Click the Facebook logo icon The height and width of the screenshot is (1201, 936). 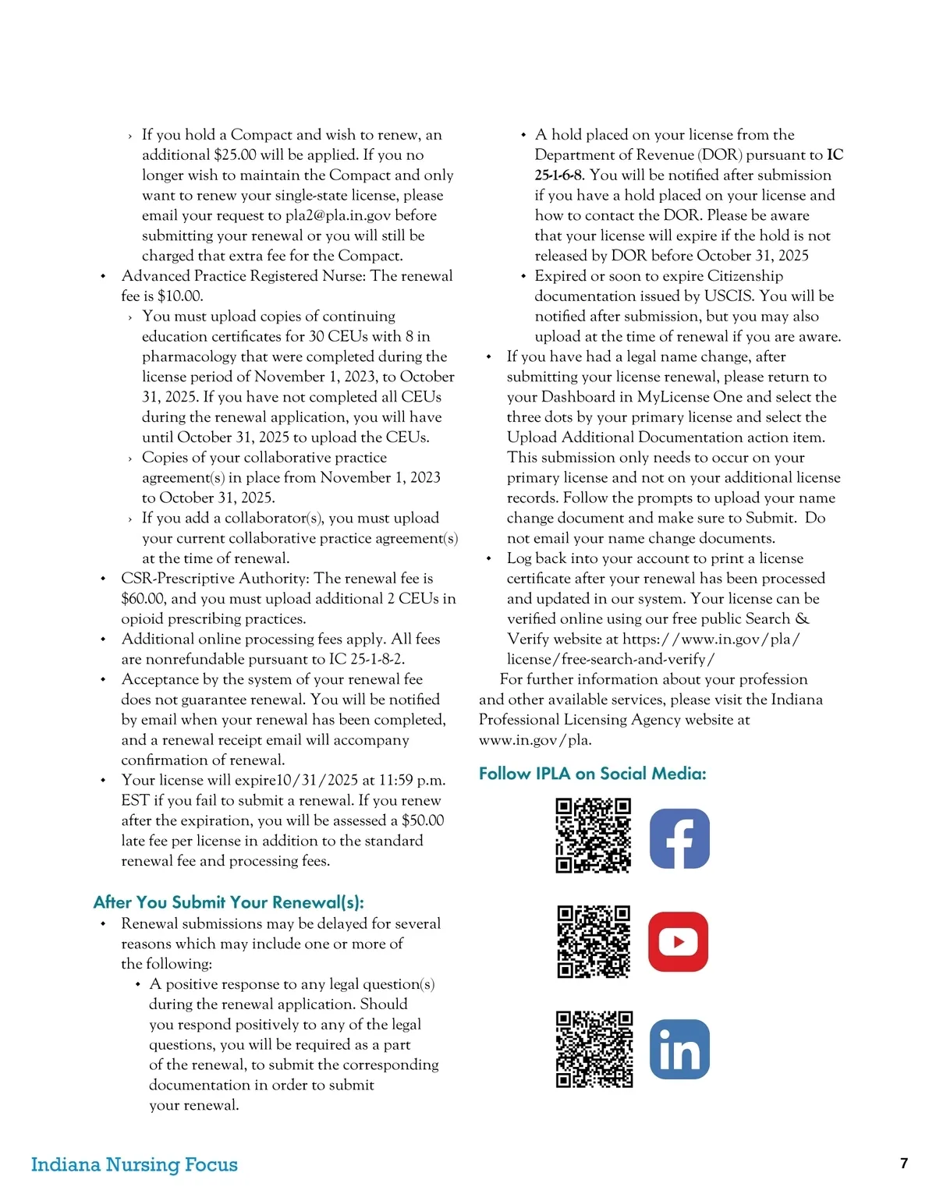coord(679,838)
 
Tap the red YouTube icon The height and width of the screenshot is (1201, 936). coord(678,941)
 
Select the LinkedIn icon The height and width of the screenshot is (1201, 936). coord(679,1049)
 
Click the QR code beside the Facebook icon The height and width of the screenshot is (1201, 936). coord(593,835)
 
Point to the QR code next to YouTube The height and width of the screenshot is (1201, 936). coord(594,941)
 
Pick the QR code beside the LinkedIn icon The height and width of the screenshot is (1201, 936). coord(594,1049)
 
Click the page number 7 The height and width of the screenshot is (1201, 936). coord(904,1164)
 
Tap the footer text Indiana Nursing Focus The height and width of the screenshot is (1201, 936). coord(134,1164)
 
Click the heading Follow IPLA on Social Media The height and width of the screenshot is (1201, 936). coord(592,774)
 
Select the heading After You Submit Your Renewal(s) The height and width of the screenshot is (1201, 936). coord(229,902)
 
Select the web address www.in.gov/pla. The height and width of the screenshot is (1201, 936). coord(535,740)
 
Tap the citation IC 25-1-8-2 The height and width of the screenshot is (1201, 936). coord(366,659)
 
